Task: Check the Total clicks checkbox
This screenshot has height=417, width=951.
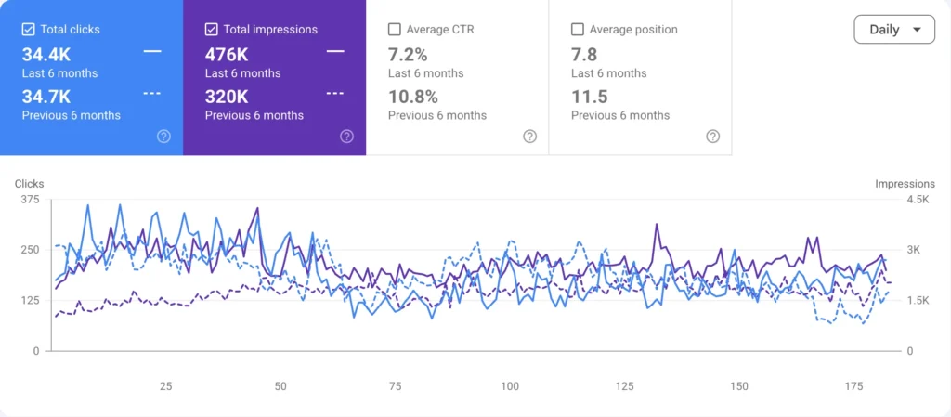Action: click(28, 29)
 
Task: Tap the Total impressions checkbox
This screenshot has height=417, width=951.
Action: click(211, 29)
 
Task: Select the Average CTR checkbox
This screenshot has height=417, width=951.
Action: click(394, 29)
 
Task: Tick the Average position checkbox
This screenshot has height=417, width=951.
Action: click(578, 29)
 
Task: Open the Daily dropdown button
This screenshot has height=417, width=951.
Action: click(894, 29)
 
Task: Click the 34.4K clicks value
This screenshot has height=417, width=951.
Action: click(46, 55)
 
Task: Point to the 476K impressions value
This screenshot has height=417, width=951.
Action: click(227, 55)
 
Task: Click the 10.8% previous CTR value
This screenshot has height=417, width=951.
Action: click(413, 97)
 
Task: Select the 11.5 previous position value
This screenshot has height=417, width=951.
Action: click(590, 97)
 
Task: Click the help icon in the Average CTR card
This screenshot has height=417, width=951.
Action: click(530, 137)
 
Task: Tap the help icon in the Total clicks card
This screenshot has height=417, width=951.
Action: click(163, 137)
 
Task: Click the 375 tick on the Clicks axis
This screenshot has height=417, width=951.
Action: click(31, 200)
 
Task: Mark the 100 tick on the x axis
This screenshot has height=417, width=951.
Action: click(510, 386)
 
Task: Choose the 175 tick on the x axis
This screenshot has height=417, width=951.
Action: click(853, 386)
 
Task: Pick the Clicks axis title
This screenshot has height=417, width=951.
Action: click(29, 184)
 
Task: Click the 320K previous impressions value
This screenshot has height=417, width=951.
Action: click(227, 97)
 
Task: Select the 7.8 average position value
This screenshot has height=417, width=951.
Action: click(584, 55)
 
